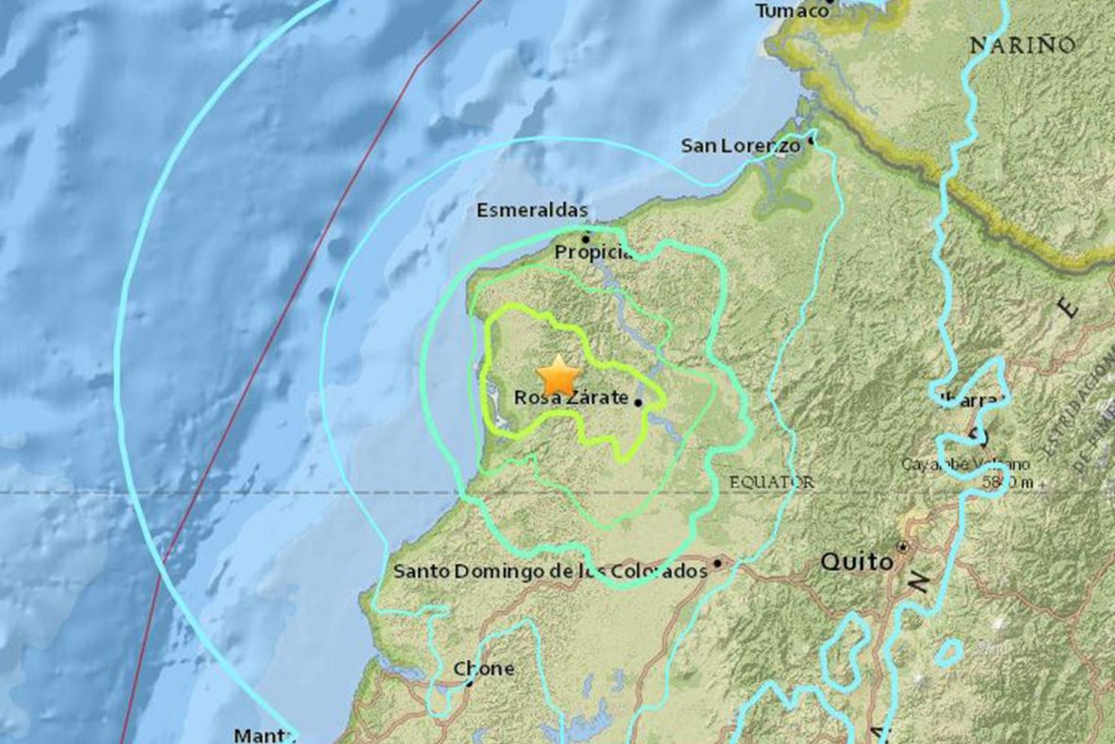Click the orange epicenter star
coord(560,375)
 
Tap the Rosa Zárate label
coord(571,398)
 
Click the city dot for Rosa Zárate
coord(638,402)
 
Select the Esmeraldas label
coord(532,211)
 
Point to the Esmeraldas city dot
coord(585,238)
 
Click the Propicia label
coord(592,252)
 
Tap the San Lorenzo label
coord(740,145)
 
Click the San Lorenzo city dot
coord(810,140)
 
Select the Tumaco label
coord(790,9)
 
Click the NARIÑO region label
coord(1022,43)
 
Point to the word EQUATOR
coord(771,482)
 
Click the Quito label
coord(856,562)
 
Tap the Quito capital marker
coord(903,546)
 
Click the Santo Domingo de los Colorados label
coord(550,571)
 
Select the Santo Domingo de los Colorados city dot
coord(718,564)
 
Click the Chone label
coord(484,669)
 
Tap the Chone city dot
coord(469,684)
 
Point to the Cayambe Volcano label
coord(965,464)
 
